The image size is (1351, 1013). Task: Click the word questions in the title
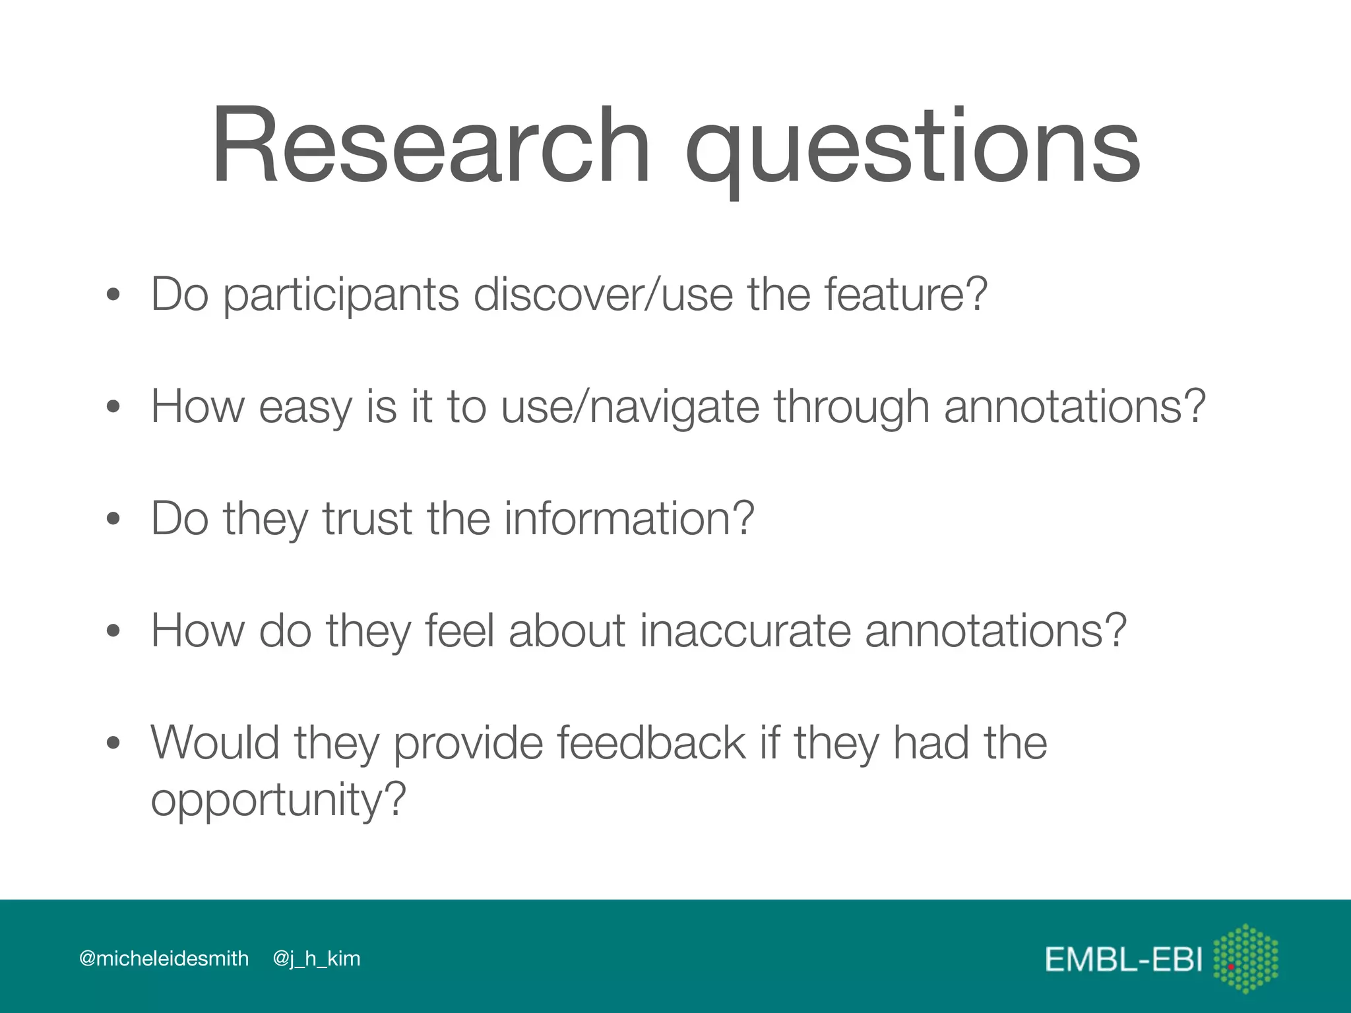pyautogui.click(x=913, y=148)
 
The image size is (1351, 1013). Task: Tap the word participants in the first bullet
pyautogui.click(x=340, y=295)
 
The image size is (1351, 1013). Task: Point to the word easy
pyautogui.click(x=305, y=408)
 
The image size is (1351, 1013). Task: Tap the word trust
pyautogui.click(x=367, y=518)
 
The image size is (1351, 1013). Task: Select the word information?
pyautogui.click(x=629, y=518)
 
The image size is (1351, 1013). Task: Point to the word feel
pyautogui.click(x=459, y=630)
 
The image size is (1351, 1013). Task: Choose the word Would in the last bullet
pyautogui.click(x=215, y=743)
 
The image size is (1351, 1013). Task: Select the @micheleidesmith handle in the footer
pyautogui.click(x=164, y=958)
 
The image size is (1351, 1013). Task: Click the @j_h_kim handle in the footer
pyautogui.click(x=317, y=958)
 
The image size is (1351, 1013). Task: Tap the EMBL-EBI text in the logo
pyautogui.click(x=1123, y=960)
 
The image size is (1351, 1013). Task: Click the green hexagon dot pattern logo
pyautogui.click(x=1245, y=958)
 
